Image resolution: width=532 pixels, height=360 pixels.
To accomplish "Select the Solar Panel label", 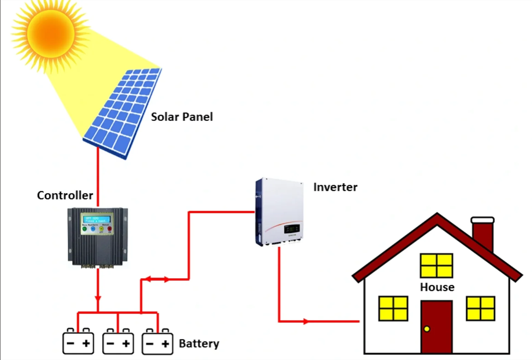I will click(x=182, y=117).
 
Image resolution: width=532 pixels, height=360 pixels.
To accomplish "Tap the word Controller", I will click(x=65, y=195).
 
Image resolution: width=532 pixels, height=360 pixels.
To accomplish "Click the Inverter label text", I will click(x=335, y=187).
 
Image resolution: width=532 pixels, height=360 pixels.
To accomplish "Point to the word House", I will click(x=437, y=287).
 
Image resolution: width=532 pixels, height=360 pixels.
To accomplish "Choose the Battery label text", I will click(x=199, y=344).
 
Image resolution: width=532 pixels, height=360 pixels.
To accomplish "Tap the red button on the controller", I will click(x=109, y=229).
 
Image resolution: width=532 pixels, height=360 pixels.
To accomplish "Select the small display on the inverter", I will click(x=292, y=229).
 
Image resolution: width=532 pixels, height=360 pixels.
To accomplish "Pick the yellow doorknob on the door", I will click(x=427, y=329).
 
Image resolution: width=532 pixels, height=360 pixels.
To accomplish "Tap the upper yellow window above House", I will click(x=437, y=266).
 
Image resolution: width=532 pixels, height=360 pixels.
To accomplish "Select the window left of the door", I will click(x=393, y=308).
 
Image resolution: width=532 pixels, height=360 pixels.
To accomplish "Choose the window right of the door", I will click(x=481, y=308).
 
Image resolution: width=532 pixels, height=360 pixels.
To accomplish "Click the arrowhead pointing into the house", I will click(x=306, y=321).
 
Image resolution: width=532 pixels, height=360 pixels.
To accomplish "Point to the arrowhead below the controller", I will click(x=98, y=298).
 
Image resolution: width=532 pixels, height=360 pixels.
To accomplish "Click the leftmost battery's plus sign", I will click(x=86, y=344).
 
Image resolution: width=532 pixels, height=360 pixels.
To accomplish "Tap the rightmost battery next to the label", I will click(x=157, y=342).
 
